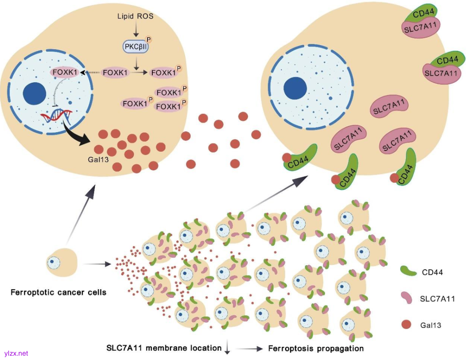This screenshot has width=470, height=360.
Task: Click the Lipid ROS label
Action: pyautogui.click(x=135, y=16)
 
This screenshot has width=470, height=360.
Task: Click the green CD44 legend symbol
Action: pyautogui.click(x=406, y=272)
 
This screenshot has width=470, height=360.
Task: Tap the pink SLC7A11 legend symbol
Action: pyautogui.click(x=406, y=298)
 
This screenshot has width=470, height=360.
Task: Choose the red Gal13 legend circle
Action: pyautogui.click(x=406, y=324)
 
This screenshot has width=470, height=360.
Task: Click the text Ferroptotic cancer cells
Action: pyautogui.click(x=58, y=292)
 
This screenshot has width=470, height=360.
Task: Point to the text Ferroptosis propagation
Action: pyautogui.click(x=316, y=349)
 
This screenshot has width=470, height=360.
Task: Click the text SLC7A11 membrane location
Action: pyautogui.click(x=164, y=348)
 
